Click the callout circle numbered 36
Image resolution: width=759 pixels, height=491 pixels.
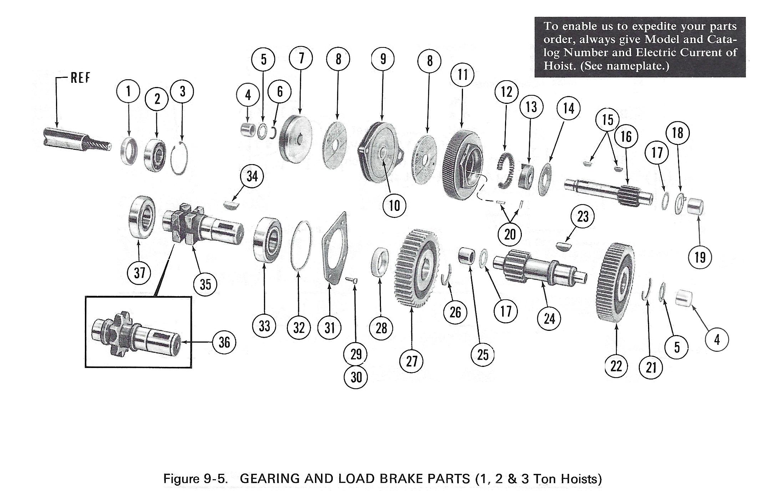pyautogui.click(x=224, y=342)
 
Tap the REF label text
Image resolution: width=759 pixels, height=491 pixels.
pyautogui.click(x=80, y=78)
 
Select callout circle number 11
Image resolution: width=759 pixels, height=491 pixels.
pyautogui.click(x=462, y=75)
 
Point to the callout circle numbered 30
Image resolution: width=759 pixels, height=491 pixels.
pyautogui.click(x=356, y=377)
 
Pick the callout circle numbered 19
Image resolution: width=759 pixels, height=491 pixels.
pyautogui.click(x=700, y=257)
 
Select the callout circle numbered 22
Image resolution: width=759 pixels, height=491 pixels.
pyautogui.click(x=616, y=366)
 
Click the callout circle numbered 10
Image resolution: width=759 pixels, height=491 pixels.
pyautogui.click(x=394, y=206)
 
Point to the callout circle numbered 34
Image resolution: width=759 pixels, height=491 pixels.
pyautogui.click(x=252, y=176)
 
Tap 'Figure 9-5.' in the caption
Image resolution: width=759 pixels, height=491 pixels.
pyautogui.click(x=195, y=479)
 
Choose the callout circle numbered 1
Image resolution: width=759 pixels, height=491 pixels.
pyautogui.click(x=128, y=91)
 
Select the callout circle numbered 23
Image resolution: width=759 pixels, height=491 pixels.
pyautogui.click(x=582, y=216)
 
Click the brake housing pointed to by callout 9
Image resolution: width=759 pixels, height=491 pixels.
pyautogui.click(x=380, y=152)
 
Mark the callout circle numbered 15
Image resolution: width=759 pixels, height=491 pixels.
pyautogui.click(x=607, y=120)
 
